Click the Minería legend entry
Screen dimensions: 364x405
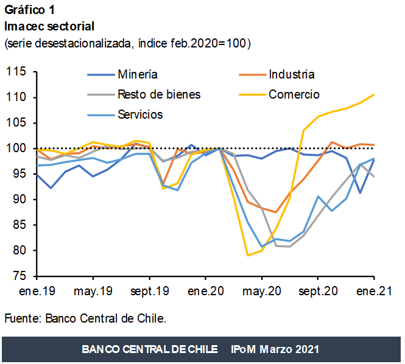tap(137, 74)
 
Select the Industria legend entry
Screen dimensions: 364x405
tap(291, 74)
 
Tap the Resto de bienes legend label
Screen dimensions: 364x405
tap(159, 94)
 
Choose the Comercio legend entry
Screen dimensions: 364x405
tap(294, 94)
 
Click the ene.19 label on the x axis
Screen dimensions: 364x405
tap(38, 292)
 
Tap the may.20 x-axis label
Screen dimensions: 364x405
tap(261, 292)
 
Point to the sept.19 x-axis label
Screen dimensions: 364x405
tap(150, 292)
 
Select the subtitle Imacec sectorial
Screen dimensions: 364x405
tap(49, 27)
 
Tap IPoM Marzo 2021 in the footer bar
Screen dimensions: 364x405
tap(275, 349)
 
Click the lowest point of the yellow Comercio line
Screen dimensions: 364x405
tap(248, 256)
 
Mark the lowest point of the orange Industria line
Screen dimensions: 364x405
tap(276, 212)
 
